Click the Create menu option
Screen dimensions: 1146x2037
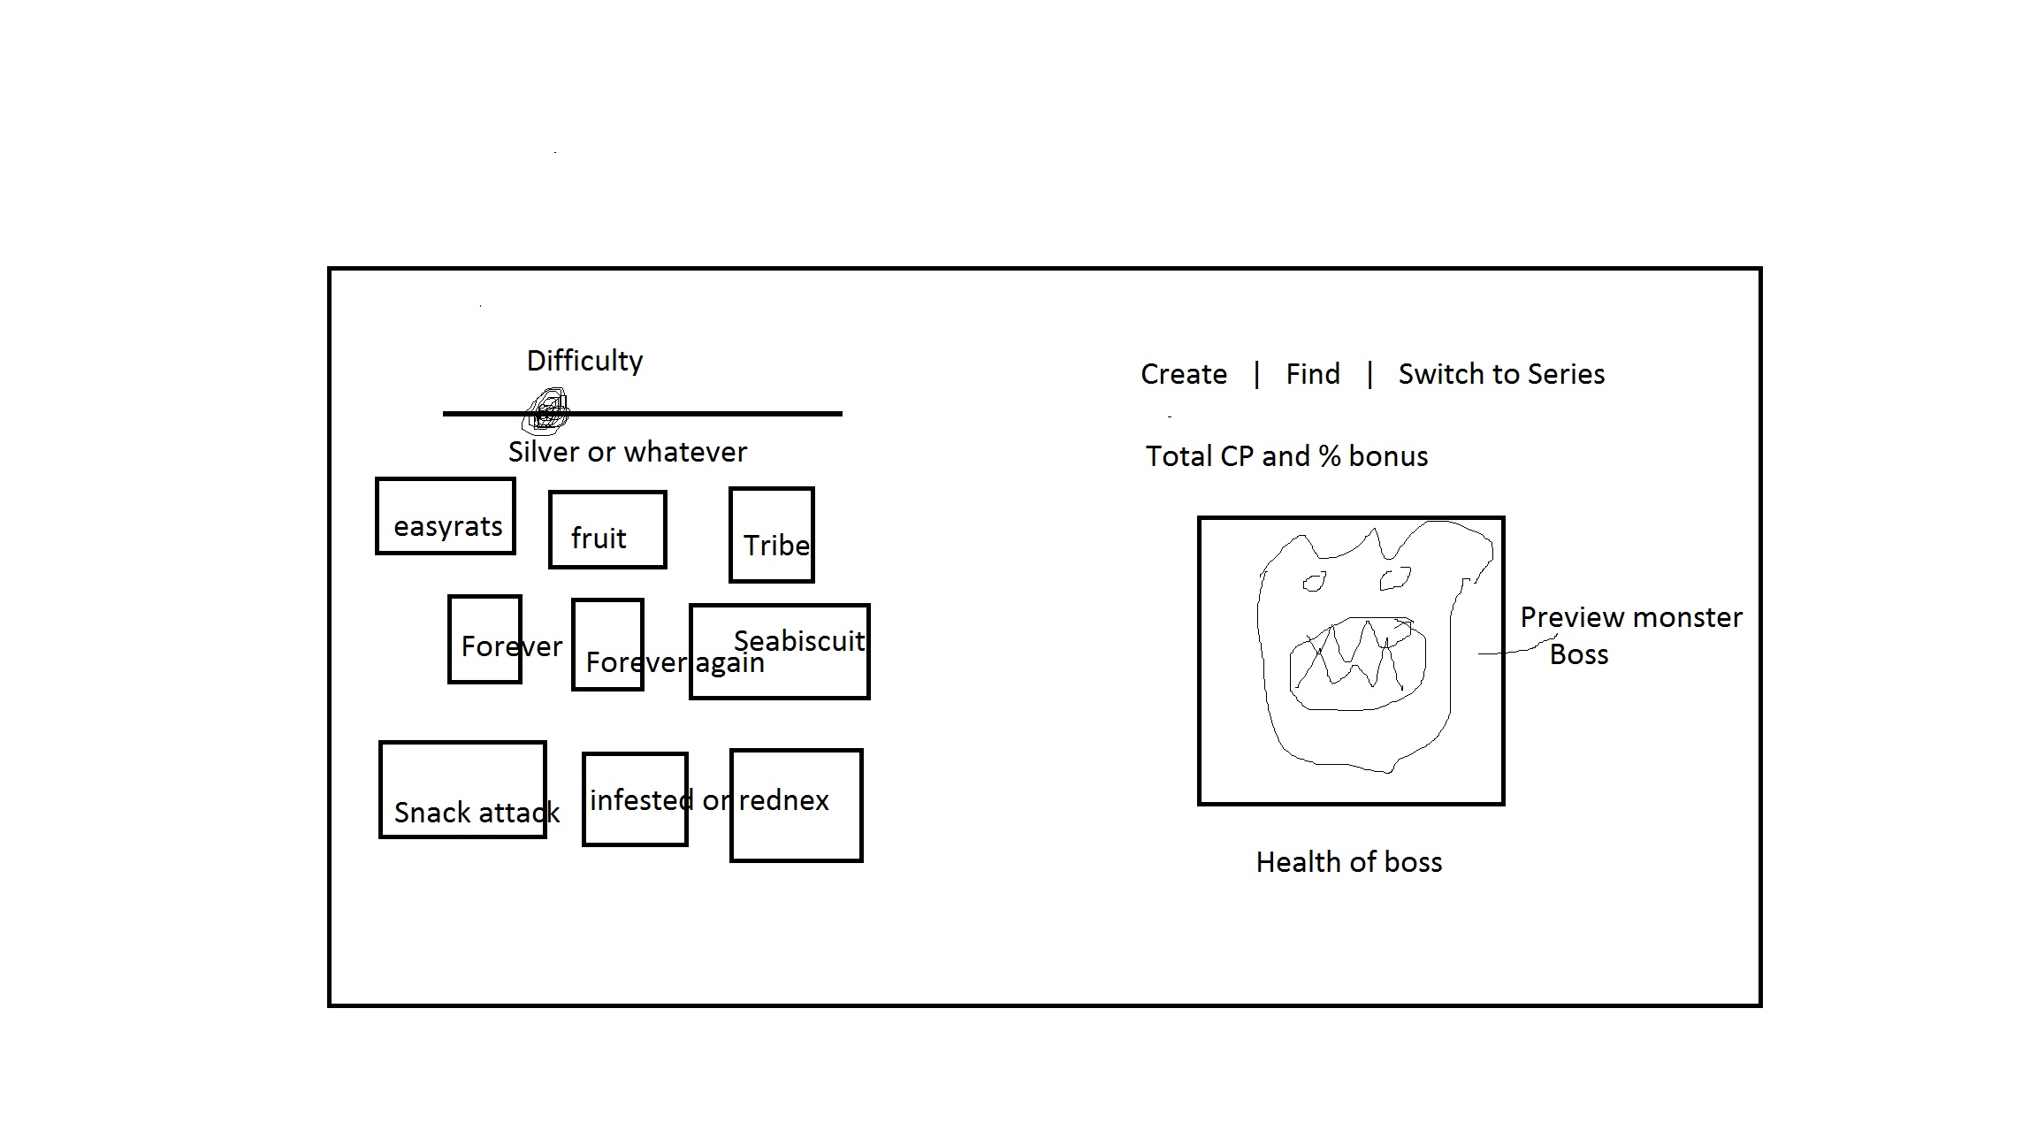coord(1183,374)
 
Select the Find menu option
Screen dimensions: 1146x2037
coord(1312,374)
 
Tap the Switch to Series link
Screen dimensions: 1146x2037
coord(1500,374)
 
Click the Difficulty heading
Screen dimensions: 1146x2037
coord(584,361)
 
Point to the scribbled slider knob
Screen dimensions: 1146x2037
coord(547,412)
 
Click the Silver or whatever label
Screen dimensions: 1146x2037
coord(627,452)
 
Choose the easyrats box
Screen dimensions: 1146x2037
coord(446,516)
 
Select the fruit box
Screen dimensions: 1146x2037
coord(607,530)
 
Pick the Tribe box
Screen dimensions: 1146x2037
coord(771,535)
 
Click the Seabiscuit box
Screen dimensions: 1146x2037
coord(779,652)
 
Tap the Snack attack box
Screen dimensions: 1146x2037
coord(462,790)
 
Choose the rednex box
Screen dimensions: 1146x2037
coord(796,805)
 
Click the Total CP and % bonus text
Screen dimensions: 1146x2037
coord(1286,456)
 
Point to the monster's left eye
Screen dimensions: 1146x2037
coord(1314,583)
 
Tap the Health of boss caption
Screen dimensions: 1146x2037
coord(1348,862)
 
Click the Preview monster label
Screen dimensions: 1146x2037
coord(1630,617)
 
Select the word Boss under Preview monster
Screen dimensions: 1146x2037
coord(1578,655)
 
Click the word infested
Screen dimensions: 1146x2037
coord(640,800)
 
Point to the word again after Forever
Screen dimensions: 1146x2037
coord(729,662)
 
